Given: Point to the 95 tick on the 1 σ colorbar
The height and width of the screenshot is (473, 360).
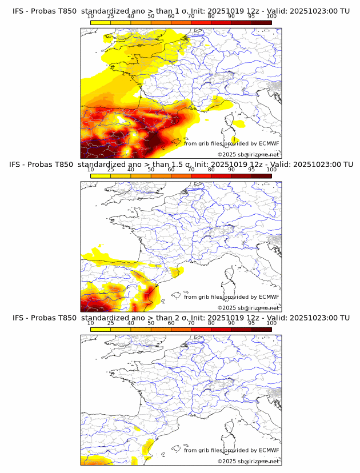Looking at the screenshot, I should [251, 17].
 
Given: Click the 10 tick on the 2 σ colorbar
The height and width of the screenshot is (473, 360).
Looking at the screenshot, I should [91, 323].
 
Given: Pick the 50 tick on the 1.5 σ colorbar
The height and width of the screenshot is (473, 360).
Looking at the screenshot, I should [151, 170].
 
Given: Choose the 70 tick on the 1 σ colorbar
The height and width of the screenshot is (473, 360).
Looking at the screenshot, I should [191, 17].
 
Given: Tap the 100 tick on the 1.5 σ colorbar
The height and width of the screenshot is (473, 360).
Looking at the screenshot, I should [271, 170].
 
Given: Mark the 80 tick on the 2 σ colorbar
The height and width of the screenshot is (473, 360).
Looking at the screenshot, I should [211, 323].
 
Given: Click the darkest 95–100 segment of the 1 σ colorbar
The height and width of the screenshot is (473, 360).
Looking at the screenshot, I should [261, 22].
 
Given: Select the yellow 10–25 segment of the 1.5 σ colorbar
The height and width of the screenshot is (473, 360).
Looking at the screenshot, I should [101, 175].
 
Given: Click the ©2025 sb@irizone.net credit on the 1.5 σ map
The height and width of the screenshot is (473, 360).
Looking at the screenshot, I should [248, 307].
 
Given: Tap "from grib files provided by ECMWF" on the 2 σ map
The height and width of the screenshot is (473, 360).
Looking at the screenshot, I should [231, 450].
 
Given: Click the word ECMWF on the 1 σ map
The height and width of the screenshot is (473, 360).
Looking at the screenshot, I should [269, 143].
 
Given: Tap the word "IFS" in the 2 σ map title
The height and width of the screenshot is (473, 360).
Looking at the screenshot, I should [19, 318].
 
